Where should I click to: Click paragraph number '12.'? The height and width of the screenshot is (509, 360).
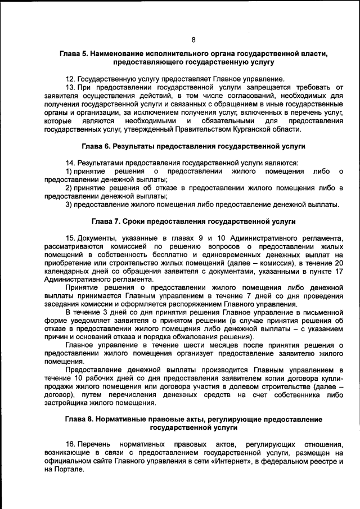coord(71,78)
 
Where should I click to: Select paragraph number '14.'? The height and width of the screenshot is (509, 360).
coord(71,163)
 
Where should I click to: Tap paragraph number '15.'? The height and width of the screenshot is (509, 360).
coord(71,238)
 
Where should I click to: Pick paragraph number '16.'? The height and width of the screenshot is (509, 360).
coord(71,444)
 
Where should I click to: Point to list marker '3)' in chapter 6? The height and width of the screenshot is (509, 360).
coord(69,204)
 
